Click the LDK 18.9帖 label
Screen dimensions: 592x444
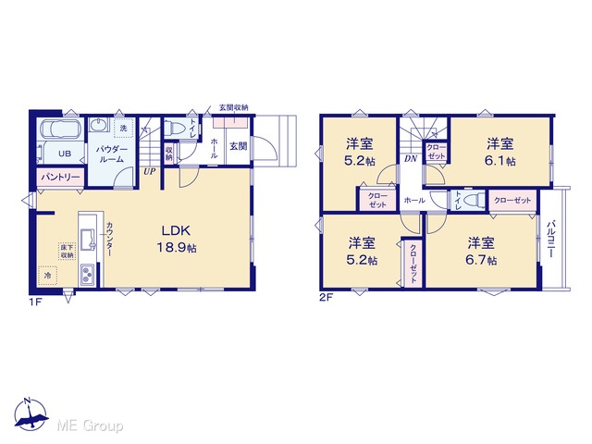(x=177, y=239)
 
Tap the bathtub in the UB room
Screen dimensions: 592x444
(x=59, y=129)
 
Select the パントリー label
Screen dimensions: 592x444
(x=60, y=177)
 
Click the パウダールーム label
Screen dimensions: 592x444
(x=111, y=154)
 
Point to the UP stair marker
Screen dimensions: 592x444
(x=149, y=172)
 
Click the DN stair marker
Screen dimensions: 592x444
(x=411, y=158)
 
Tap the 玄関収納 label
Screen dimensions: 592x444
(x=234, y=107)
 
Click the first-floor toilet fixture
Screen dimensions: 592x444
(x=176, y=128)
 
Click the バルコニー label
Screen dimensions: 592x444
(x=549, y=239)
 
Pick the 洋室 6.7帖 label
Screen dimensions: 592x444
(x=481, y=252)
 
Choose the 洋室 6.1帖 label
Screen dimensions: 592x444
(x=499, y=152)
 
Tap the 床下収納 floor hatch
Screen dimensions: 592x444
(x=68, y=251)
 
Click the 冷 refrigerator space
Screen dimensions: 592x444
(x=47, y=276)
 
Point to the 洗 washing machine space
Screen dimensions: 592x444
(x=123, y=128)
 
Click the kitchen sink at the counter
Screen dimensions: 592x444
(x=87, y=239)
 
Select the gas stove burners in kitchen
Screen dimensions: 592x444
(x=88, y=275)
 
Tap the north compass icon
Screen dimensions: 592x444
(x=31, y=413)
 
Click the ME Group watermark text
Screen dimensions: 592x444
(x=90, y=426)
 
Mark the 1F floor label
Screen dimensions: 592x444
(x=35, y=302)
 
